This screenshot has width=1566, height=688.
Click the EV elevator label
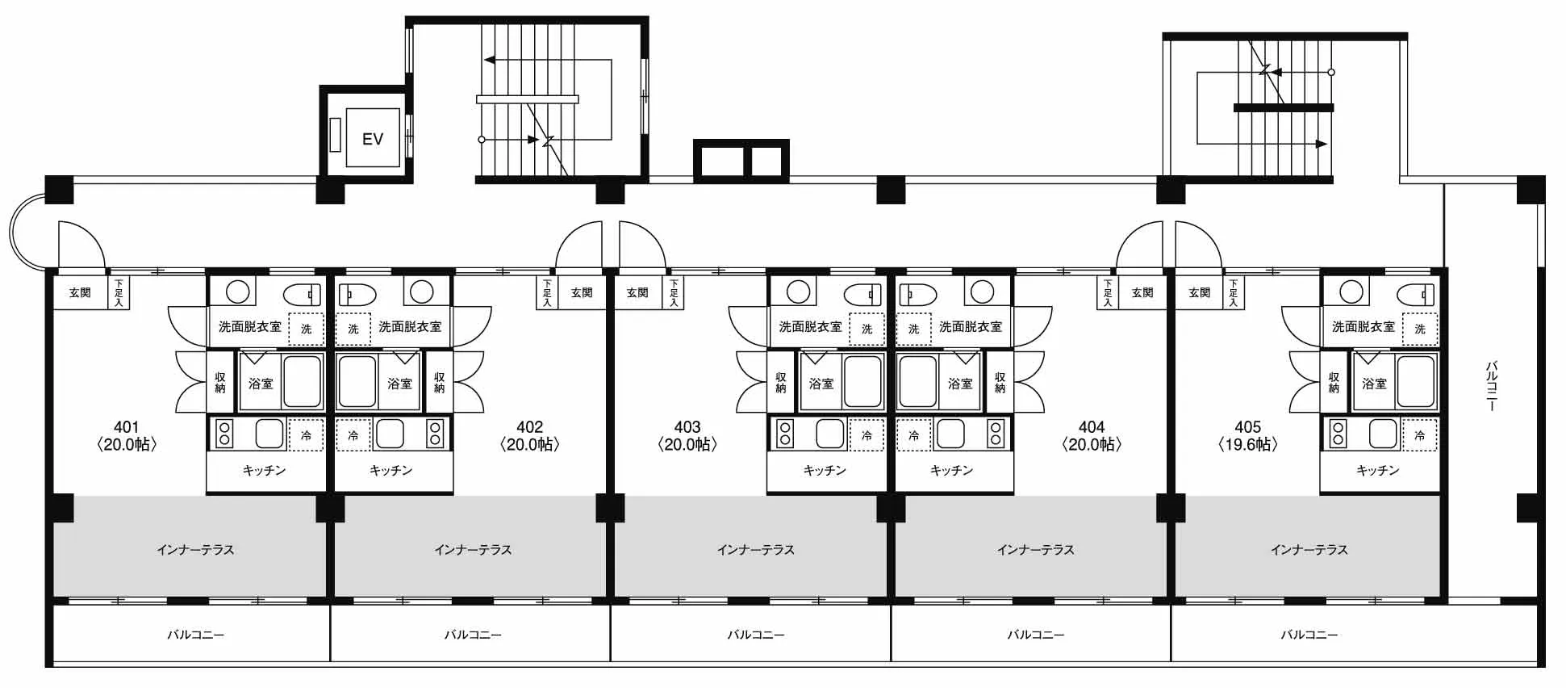pyautogui.click(x=373, y=139)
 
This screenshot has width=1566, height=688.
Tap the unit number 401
pyautogui.click(x=126, y=427)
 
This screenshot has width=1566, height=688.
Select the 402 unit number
pyautogui.click(x=529, y=427)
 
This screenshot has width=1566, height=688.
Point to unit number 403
pyautogui.click(x=687, y=427)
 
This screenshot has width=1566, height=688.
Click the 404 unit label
pyautogui.click(x=1092, y=427)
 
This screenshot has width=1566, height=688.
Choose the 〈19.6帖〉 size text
pyautogui.click(x=1248, y=445)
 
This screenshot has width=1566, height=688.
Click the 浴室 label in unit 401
pyautogui.click(x=261, y=384)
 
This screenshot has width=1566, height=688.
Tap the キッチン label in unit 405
pyautogui.click(x=1378, y=470)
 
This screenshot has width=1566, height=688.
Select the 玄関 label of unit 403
pyautogui.click(x=637, y=292)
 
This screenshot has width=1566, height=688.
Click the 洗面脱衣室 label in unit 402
pyautogui.click(x=410, y=326)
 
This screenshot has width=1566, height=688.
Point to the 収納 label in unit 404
pyautogui.click(x=1000, y=383)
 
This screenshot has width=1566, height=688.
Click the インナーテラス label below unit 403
pyautogui.click(x=756, y=550)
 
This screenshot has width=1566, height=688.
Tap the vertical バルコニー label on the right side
pyautogui.click(x=1492, y=387)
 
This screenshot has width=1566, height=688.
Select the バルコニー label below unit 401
pyautogui.click(x=196, y=635)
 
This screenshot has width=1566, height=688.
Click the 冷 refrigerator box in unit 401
pyautogui.click(x=306, y=435)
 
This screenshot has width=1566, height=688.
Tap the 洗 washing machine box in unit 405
pyautogui.click(x=1420, y=329)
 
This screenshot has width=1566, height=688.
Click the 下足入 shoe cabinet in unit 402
pyautogui.click(x=547, y=293)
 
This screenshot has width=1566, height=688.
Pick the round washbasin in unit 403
pyautogui.click(x=798, y=292)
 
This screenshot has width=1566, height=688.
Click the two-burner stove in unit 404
pyautogui.click(x=996, y=434)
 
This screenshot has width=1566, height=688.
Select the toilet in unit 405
pyautogui.click(x=1416, y=294)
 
